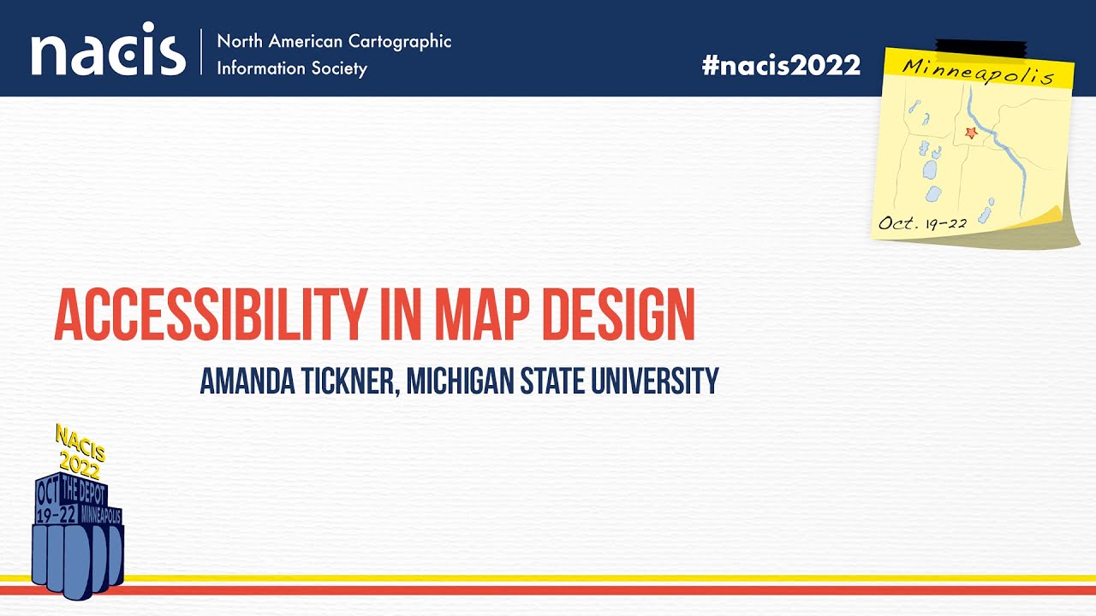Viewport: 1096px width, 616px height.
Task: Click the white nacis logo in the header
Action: coord(108,53)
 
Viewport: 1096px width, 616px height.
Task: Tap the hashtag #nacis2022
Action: coord(781,65)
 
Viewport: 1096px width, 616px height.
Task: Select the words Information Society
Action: coord(291,68)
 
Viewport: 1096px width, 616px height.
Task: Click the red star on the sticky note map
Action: coord(970,133)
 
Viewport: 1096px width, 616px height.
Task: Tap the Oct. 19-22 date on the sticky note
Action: coord(922,223)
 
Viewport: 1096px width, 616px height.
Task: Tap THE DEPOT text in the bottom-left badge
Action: coord(84,491)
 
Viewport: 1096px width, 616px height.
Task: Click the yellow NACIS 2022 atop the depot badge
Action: coord(80,452)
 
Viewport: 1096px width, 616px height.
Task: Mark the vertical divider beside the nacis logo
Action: coord(202,53)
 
